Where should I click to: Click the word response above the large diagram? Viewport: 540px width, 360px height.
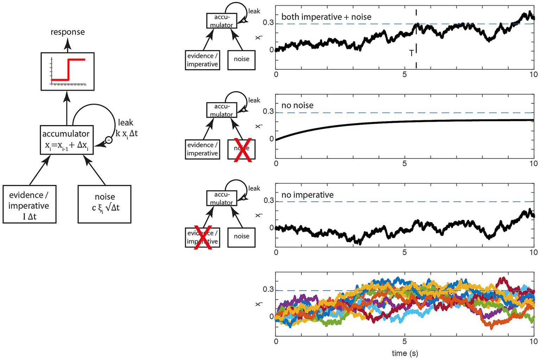coord(68,32)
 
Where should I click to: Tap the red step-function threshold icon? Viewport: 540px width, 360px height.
coord(68,71)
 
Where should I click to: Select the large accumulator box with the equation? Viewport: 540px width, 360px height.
coord(67,140)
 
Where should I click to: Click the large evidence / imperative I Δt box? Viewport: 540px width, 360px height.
coord(29,204)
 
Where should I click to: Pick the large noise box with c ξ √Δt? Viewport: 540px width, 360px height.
coord(104,204)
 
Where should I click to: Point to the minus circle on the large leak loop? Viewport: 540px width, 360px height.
coord(109,140)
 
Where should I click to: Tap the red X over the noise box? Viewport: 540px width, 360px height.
coord(242,149)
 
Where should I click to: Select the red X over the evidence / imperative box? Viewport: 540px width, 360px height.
coord(203,237)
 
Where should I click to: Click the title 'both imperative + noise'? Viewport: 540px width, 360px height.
coord(326,17)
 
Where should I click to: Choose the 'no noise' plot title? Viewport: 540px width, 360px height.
coord(297,105)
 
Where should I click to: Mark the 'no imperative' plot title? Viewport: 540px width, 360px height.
coord(307,195)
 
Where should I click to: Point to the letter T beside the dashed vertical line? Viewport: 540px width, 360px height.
coord(411,53)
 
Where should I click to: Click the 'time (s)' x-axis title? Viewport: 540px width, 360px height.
coord(405,353)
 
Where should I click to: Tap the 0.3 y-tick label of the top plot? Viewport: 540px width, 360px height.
coord(268,23)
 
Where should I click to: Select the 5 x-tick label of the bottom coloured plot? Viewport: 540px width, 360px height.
coord(405,341)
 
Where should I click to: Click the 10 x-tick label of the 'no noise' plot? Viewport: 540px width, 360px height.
coord(533,164)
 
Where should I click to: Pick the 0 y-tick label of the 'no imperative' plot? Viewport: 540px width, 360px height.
coord(271,228)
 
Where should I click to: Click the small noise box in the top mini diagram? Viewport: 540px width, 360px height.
coord(242,59)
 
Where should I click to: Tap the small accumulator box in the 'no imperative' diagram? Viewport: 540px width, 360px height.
coord(222,198)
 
